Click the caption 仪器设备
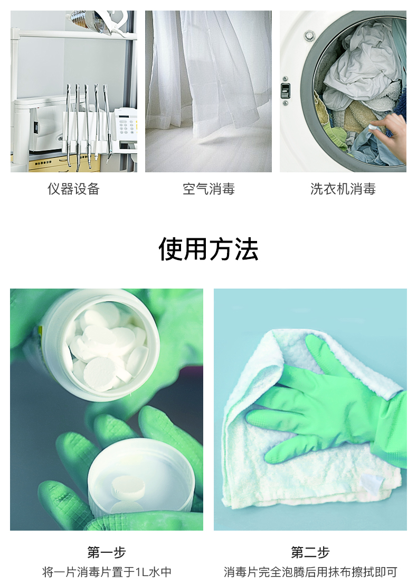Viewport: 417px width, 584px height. click(73, 189)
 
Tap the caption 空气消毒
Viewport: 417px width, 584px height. click(209, 189)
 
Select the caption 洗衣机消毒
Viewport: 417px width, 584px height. click(343, 189)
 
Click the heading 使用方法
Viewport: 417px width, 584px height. click(209, 249)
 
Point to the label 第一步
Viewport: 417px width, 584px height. click(107, 552)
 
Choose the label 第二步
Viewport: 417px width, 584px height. click(310, 552)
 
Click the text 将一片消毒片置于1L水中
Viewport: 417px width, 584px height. click(107, 572)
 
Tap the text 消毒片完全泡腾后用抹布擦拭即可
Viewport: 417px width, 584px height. click(310, 572)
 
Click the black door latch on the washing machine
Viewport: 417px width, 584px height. click(285, 90)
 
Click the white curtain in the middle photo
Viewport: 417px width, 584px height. click(209, 71)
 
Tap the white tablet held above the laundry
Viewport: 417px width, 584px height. click(373, 127)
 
